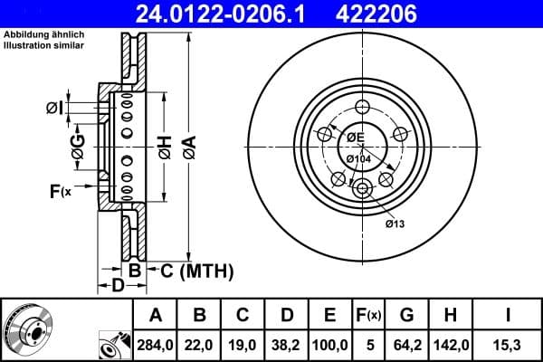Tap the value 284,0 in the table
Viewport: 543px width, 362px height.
click(x=155, y=345)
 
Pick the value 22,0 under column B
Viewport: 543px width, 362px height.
click(x=199, y=345)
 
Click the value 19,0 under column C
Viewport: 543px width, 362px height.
click(x=243, y=345)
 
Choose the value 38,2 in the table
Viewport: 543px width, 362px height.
click(x=286, y=345)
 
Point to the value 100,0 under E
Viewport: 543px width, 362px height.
click(x=330, y=345)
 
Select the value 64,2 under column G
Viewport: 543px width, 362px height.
click(x=406, y=345)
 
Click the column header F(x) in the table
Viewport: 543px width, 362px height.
click(x=369, y=316)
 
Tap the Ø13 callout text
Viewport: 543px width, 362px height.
click(x=394, y=224)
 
